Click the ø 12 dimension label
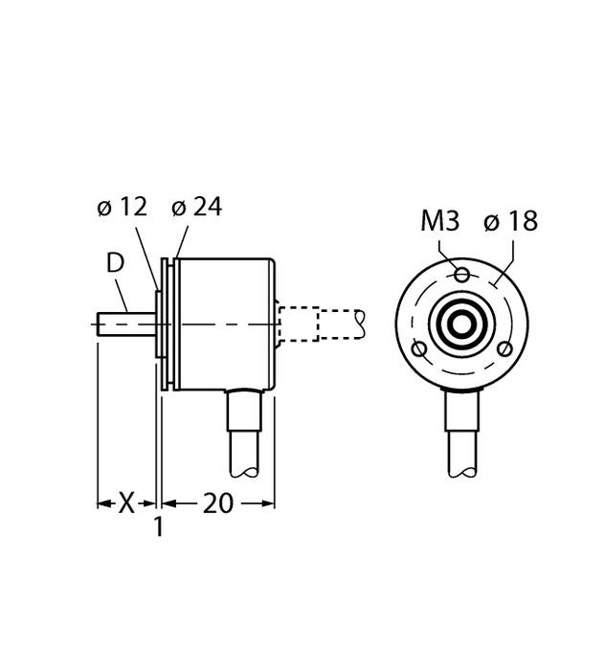[123, 208]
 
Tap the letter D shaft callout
[114, 263]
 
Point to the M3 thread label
[439, 222]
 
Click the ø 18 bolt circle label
[511, 222]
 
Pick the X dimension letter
[125, 503]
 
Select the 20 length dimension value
[218, 503]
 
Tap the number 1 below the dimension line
[159, 526]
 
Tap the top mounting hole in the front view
[462, 276]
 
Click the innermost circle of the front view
[462, 323]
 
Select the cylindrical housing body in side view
[225, 325]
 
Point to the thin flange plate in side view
[168, 325]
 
